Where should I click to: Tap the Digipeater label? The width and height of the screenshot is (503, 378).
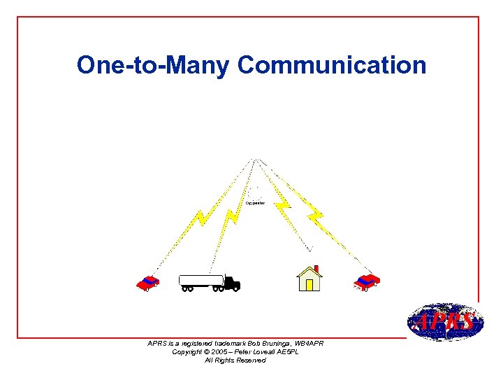(254, 203)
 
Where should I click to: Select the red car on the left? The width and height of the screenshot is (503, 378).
(148, 283)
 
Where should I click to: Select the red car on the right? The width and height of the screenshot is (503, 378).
(366, 281)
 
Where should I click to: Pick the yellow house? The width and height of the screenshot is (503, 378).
(309, 279)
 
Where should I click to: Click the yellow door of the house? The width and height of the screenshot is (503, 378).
(309, 284)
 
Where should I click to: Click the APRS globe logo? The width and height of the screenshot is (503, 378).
(444, 322)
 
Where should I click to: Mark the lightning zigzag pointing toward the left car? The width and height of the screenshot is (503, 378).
(201, 218)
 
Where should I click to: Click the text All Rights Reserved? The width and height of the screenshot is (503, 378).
(235, 360)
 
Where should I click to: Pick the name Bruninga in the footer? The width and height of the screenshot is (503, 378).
(270, 343)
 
